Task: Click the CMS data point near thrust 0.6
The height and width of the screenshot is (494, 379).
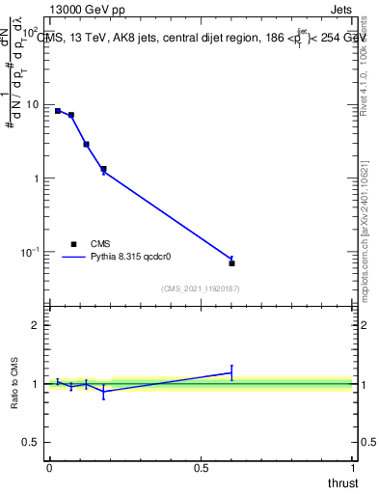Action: [231, 262]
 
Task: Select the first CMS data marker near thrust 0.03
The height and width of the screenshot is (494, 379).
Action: [58, 111]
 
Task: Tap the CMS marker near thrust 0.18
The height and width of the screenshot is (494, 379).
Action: [103, 169]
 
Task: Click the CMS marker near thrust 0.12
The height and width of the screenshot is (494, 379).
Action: [86, 144]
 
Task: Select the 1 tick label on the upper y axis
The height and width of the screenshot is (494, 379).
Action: [37, 178]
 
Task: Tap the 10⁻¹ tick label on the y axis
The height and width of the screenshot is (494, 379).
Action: [31, 251]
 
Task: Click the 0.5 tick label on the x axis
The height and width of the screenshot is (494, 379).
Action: [201, 468]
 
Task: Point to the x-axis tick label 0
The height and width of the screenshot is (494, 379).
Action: [49, 468]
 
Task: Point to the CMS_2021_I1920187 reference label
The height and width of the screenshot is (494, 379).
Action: [201, 288]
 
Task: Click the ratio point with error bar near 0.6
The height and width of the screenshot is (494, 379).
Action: [231, 371]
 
